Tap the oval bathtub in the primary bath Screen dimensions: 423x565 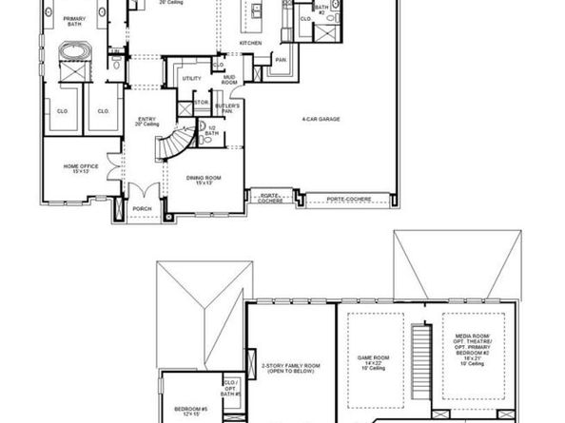(x=72, y=50)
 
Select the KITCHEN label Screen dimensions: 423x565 (x=250, y=44)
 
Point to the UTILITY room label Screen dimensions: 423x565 (x=191, y=79)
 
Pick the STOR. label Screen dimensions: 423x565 (x=201, y=101)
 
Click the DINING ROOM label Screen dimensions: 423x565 (x=201, y=178)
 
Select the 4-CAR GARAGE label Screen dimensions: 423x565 (x=321, y=119)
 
